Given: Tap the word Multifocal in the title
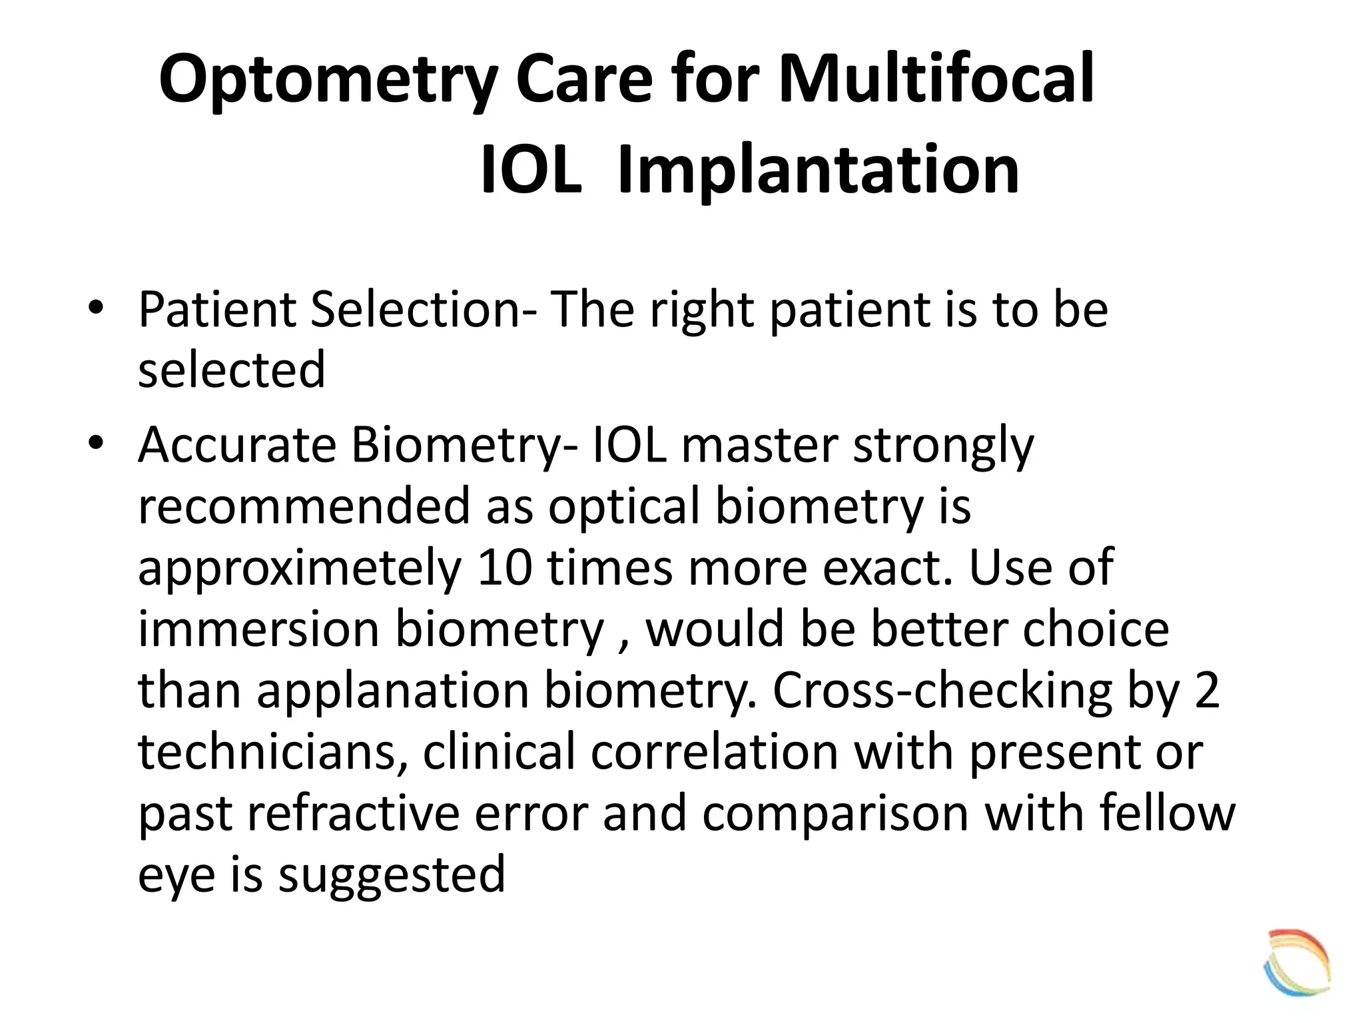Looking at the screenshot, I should pos(935,80).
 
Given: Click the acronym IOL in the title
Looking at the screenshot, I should pos(530,171).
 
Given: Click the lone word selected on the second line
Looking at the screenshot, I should pos(231,370).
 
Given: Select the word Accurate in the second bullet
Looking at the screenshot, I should pos(237,444).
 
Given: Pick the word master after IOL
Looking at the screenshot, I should pos(759,444).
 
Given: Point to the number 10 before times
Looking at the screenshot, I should pos(504,567).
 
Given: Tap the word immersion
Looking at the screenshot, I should pos(258,629).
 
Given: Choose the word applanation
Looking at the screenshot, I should pos(393,691).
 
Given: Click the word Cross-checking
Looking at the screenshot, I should pos(941,691).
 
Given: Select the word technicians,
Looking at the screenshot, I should pos(272,751).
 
